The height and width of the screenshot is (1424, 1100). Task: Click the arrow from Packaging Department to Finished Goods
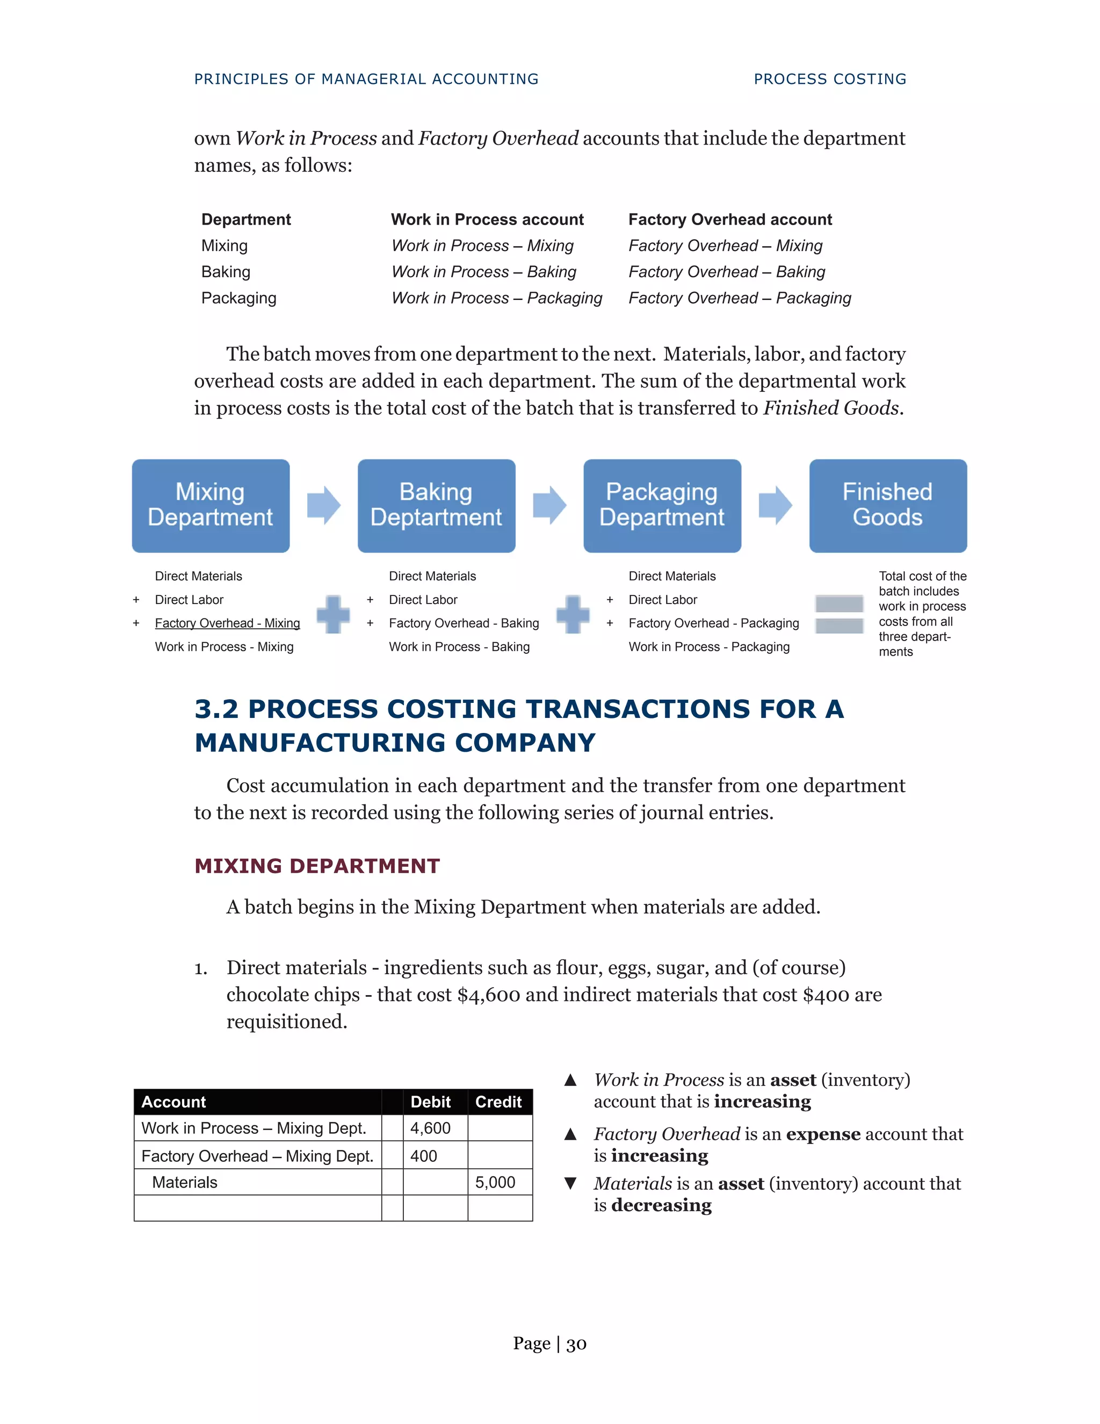775,505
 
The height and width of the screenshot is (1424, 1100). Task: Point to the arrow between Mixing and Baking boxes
323,505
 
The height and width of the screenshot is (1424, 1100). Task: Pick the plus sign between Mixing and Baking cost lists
333,614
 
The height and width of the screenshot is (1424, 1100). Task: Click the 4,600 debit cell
435,1128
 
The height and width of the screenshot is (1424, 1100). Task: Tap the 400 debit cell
435,1156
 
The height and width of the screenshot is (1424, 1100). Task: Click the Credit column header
498,1102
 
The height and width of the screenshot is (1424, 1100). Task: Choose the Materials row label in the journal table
185,1182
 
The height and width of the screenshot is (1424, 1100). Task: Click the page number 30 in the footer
576,1344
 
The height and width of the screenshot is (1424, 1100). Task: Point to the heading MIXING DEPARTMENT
317,866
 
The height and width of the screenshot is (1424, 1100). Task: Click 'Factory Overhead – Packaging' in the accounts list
740,298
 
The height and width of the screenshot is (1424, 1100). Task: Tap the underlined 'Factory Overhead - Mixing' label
227,623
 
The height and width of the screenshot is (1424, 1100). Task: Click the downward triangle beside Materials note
570,1183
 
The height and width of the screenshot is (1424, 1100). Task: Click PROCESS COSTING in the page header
829,79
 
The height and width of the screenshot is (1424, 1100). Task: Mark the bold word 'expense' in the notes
823,1134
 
